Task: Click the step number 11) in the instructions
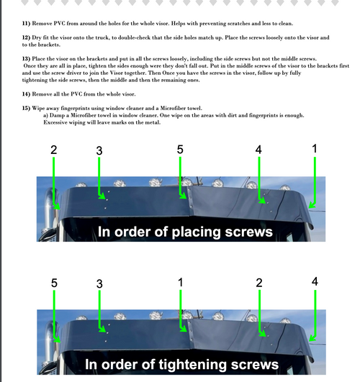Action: coord(26,24)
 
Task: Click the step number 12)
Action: coord(26,37)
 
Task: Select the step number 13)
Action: coord(26,59)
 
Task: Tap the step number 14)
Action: coord(26,94)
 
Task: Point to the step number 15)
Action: coord(26,108)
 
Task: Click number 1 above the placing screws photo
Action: coord(315,149)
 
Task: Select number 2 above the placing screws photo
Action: coord(54,150)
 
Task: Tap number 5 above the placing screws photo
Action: coord(180,150)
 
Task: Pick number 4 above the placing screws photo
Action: coord(258,150)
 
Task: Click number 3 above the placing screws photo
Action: coord(99,150)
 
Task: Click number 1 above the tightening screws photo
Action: coord(180,283)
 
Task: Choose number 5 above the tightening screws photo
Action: coord(54,283)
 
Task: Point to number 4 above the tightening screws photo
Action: coord(315,281)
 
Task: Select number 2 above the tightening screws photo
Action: coord(259,283)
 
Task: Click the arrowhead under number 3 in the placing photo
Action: coord(102,196)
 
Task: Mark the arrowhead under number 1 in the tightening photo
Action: coord(183,329)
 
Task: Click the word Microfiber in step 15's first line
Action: coord(173,108)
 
